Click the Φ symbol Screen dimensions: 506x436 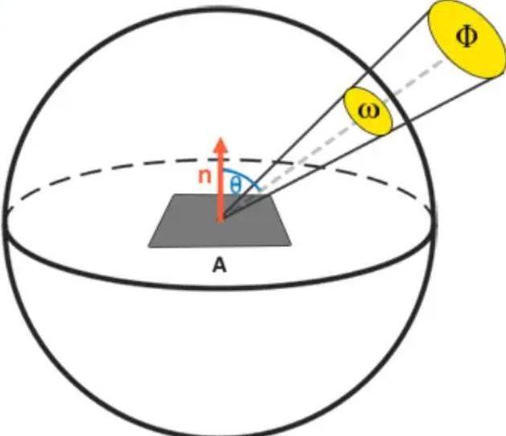click(467, 36)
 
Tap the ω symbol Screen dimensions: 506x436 click(369, 112)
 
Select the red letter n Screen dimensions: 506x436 click(205, 176)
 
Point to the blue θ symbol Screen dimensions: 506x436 click(235, 185)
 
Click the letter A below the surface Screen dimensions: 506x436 click(219, 266)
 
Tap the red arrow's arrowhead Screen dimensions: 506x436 click(221, 145)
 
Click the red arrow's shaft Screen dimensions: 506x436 click(221, 187)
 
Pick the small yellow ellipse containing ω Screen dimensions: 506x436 click(368, 111)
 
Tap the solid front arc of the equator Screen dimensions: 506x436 click(219, 287)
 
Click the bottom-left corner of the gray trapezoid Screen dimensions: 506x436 click(149, 247)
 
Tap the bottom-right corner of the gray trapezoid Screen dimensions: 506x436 click(291, 246)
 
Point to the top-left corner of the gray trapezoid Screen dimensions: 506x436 click(174, 194)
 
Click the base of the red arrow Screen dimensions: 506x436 click(221, 222)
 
